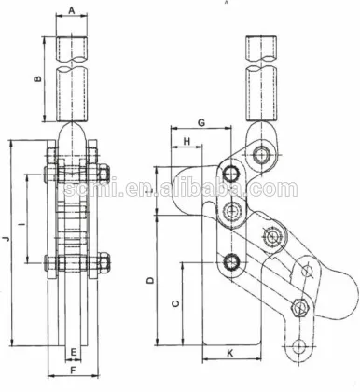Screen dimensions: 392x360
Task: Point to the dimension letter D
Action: click(150, 281)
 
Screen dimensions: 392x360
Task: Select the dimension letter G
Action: click(201, 123)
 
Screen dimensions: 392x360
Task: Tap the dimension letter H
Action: click(187, 141)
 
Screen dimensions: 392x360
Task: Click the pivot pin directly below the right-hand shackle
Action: click(262, 152)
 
